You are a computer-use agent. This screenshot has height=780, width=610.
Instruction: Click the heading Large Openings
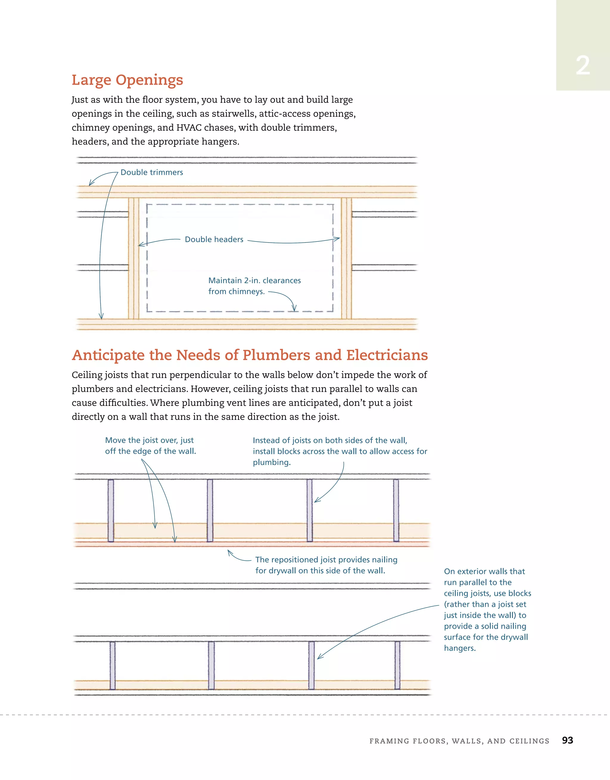[127, 80]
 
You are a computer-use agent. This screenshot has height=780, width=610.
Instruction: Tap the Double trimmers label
[152, 172]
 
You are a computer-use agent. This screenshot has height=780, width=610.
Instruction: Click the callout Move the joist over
[150, 446]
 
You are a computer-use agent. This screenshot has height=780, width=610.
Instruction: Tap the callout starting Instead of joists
[340, 451]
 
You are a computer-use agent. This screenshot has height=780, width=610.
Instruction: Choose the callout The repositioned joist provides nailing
[326, 565]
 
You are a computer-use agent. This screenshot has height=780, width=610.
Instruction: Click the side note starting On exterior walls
[487, 609]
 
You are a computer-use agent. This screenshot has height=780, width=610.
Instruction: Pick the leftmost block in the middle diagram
[111, 510]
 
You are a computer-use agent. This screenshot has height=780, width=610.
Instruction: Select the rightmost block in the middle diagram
[396, 510]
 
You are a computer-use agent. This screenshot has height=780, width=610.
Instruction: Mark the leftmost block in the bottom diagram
[113, 665]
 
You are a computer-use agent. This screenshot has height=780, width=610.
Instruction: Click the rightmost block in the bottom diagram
[397, 665]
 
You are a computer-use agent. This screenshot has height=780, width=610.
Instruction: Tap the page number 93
[567, 740]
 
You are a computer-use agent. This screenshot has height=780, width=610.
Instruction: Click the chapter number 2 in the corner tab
[583, 66]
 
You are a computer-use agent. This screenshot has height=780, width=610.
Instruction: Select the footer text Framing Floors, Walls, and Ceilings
[459, 741]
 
